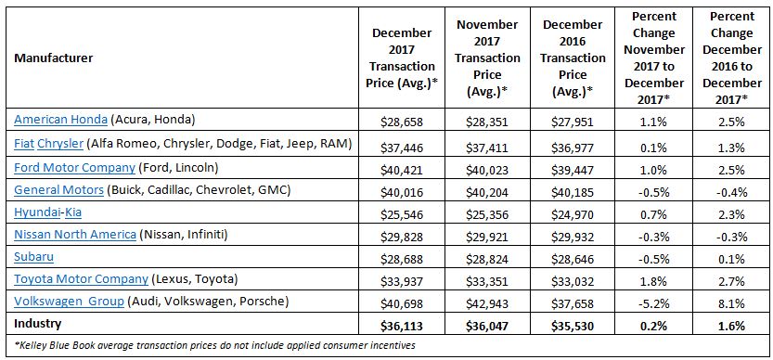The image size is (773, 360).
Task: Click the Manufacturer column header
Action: click(x=52, y=58)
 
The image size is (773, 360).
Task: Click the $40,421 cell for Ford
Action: click(x=402, y=166)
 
